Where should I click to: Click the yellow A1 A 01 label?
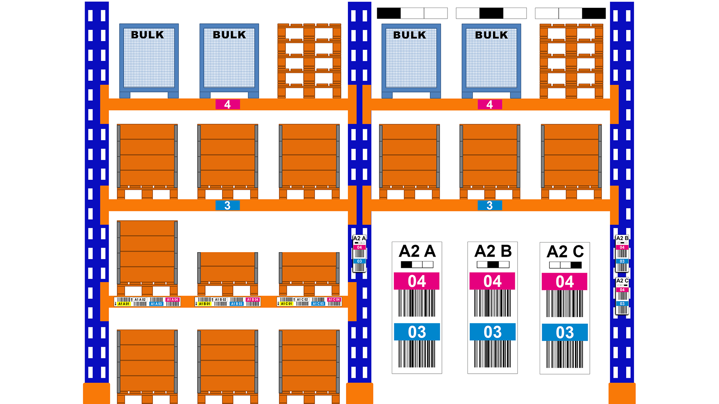point(124,304)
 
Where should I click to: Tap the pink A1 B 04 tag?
point(253,300)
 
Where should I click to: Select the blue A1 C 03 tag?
point(318,304)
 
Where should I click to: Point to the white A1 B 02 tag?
point(221,300)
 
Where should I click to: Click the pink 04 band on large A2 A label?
point(417,281)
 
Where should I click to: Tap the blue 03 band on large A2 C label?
point(565,333)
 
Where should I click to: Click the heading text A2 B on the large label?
point(493,251)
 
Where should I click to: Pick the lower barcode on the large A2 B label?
point(493,354)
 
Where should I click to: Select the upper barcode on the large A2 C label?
point(565,303)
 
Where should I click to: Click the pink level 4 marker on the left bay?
point(227,104)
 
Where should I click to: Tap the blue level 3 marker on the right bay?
point(489,205)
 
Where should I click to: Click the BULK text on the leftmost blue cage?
point(148,35)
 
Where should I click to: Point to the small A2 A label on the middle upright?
point(359,254)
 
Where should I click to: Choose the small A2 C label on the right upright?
point(622,296)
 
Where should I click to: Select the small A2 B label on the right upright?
point(622,253)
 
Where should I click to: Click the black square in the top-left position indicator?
point(389,13)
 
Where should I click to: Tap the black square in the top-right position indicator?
point(594,13)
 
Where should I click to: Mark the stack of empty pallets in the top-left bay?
point(309,61)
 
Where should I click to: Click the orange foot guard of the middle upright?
point(359,393)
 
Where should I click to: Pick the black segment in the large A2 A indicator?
point(406,265)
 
